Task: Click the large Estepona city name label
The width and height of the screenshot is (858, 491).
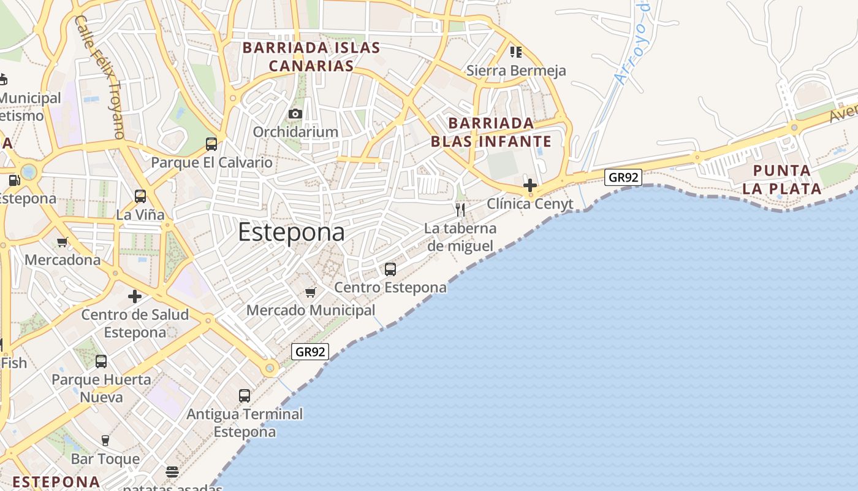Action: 291,233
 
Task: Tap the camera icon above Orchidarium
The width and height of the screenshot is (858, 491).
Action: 295,114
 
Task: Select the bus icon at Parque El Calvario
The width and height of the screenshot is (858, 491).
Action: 211,144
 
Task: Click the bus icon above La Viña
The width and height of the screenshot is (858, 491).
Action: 140,196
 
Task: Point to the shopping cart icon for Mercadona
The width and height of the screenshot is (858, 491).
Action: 62,242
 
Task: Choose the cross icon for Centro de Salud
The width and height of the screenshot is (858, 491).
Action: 135,297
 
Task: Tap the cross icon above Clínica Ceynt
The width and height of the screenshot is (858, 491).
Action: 530,185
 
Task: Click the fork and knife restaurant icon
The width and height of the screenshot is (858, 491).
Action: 460,210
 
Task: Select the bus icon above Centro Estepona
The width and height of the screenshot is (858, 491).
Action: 390,269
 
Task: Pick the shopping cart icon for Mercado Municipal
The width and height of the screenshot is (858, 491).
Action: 311,292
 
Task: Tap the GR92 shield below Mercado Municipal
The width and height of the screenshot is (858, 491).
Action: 310,352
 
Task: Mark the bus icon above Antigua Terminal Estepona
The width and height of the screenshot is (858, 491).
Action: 245,396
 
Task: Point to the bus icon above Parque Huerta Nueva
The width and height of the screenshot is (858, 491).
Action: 101,361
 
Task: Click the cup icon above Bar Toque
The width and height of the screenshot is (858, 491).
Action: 105,440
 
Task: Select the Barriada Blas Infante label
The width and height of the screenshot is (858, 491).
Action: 491,133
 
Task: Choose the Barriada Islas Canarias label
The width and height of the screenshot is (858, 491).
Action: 311,56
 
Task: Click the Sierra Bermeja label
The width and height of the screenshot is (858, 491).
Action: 516,71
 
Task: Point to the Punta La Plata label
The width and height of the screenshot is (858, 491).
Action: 781,179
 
